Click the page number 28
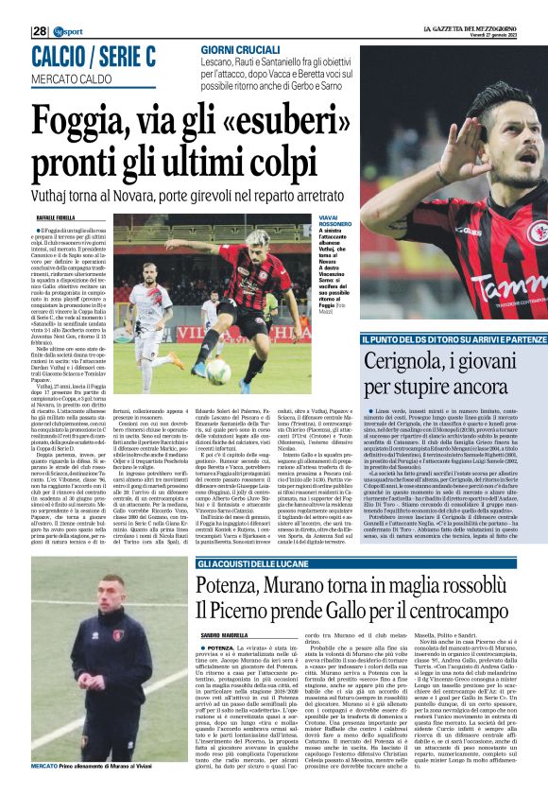[40, 31]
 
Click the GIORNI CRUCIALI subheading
[233, 50]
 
